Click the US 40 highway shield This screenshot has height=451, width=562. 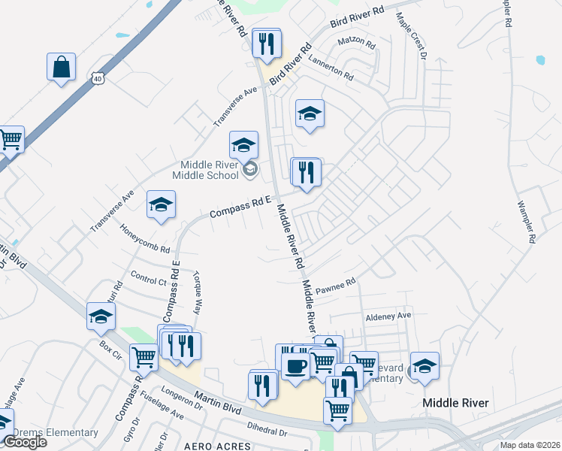click(x=97, y=77)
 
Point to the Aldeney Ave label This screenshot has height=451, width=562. click(x=388, y=316)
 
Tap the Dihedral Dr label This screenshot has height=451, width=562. click(x=267, y=428)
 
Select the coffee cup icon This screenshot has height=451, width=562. click(x=296, y=364)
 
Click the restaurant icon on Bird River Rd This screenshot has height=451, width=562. click(x=266, y=44)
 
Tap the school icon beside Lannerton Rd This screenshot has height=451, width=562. click(x=309, y=114)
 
